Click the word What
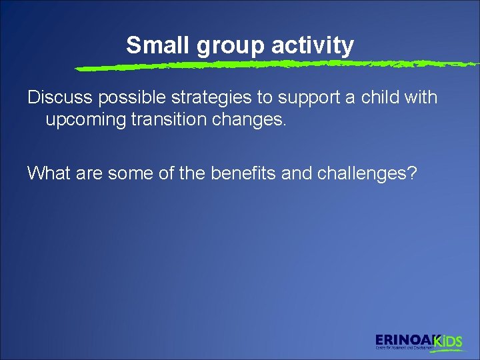point(48,173)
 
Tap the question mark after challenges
point(413,173)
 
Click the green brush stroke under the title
point(267,65)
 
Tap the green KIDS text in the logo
point(448,341)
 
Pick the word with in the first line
point(421,97)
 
